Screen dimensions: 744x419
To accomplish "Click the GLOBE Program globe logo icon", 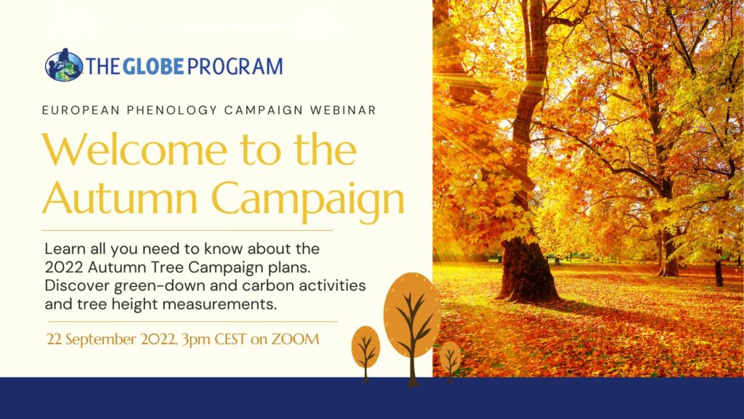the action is [x=64, y=65].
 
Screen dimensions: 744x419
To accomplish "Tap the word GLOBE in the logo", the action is [x=153, y=66].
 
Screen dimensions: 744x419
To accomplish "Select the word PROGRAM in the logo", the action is [x=235, y=66].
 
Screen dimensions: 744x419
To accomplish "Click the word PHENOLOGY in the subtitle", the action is [x=171, y=110].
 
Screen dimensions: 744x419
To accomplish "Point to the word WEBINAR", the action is [x=343, y=110].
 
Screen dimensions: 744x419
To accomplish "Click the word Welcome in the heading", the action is [x=134, y=150].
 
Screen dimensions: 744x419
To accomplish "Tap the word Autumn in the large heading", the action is [x=120, y=198].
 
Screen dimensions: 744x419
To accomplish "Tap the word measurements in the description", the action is [x=219, y=304].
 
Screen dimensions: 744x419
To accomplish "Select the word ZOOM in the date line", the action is [x=295, y=339].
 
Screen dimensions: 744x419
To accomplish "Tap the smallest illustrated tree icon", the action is [x=450, y=360].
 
